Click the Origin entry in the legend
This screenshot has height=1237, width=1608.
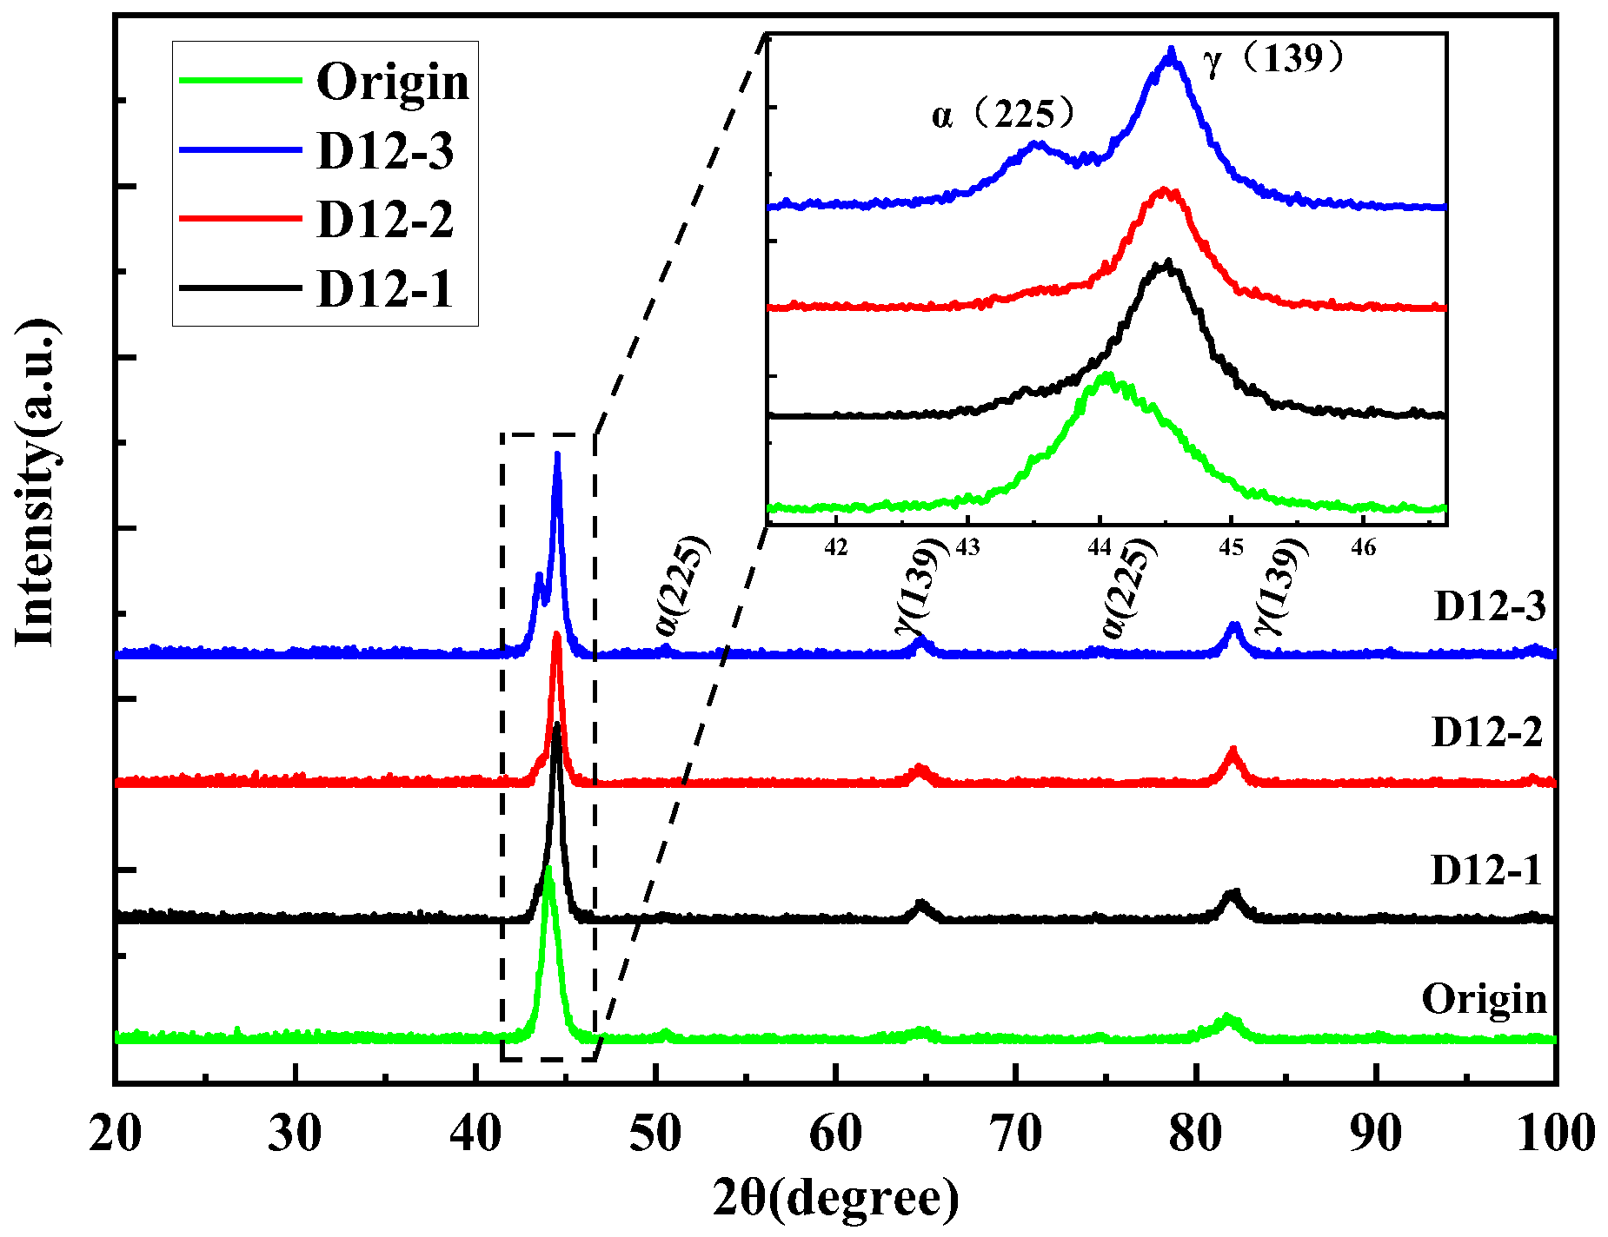392,83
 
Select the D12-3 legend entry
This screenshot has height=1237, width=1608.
385,151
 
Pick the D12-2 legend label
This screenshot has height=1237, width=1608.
385,219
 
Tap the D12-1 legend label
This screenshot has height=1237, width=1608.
385,288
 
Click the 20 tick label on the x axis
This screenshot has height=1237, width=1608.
115,1134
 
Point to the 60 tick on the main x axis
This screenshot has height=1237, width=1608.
835,1134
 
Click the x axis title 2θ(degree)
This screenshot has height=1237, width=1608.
835,1199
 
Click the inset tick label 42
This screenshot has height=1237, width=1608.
836,548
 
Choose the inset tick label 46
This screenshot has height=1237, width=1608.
1364,548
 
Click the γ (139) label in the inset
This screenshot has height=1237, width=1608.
1274,59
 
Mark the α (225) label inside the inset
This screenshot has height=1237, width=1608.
1005,114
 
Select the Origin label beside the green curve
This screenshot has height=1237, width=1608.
1485,999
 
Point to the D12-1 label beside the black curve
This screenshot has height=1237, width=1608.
1485,870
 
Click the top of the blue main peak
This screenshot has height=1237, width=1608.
557,454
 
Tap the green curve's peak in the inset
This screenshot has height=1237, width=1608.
1106,375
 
